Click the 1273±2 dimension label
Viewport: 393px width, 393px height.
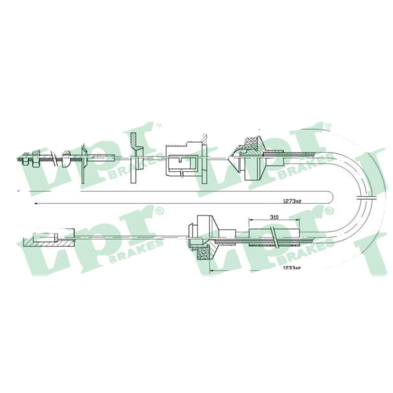292,201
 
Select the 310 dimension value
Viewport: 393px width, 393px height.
275,217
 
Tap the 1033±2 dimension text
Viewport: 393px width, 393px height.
291,268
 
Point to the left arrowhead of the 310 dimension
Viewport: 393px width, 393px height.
251,220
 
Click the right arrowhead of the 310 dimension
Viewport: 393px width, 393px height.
298,220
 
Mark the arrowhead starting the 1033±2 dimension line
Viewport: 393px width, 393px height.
212,271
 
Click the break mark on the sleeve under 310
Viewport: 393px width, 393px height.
273,238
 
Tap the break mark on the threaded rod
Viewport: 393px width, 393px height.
54,158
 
